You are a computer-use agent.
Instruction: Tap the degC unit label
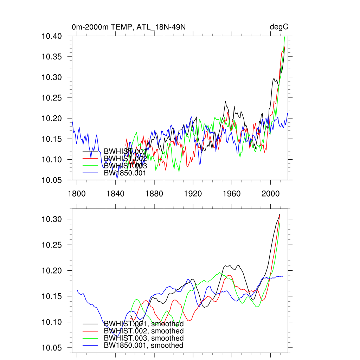pos(279,27)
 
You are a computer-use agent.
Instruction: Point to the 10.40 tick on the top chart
pos(52,36)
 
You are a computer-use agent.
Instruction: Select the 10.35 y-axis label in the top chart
pos(52,57)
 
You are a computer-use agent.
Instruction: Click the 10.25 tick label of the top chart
pos(52,98)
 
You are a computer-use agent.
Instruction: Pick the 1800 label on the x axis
pos(77,193)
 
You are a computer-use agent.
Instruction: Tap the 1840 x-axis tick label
pos(116,193)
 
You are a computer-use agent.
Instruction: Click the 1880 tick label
pos(154,193)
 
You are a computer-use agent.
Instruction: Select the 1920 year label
pos(193,193)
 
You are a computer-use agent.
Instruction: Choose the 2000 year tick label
pos(271,193)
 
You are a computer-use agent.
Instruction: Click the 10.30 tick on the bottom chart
pos(52,219)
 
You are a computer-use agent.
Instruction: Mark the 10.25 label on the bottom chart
pos(52,245)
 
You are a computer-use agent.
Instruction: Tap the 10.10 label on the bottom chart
pos(52,322)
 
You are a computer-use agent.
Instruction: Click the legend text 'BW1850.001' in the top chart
pos(125,173)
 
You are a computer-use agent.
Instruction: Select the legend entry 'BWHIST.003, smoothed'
pos(144,338)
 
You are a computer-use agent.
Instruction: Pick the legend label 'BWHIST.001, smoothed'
pos(144,324)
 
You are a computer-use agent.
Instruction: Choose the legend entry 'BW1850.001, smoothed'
pos(144,346)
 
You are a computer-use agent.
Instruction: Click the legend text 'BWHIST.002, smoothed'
pos(144,331)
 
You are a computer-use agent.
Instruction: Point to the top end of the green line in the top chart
pos(284,37)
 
